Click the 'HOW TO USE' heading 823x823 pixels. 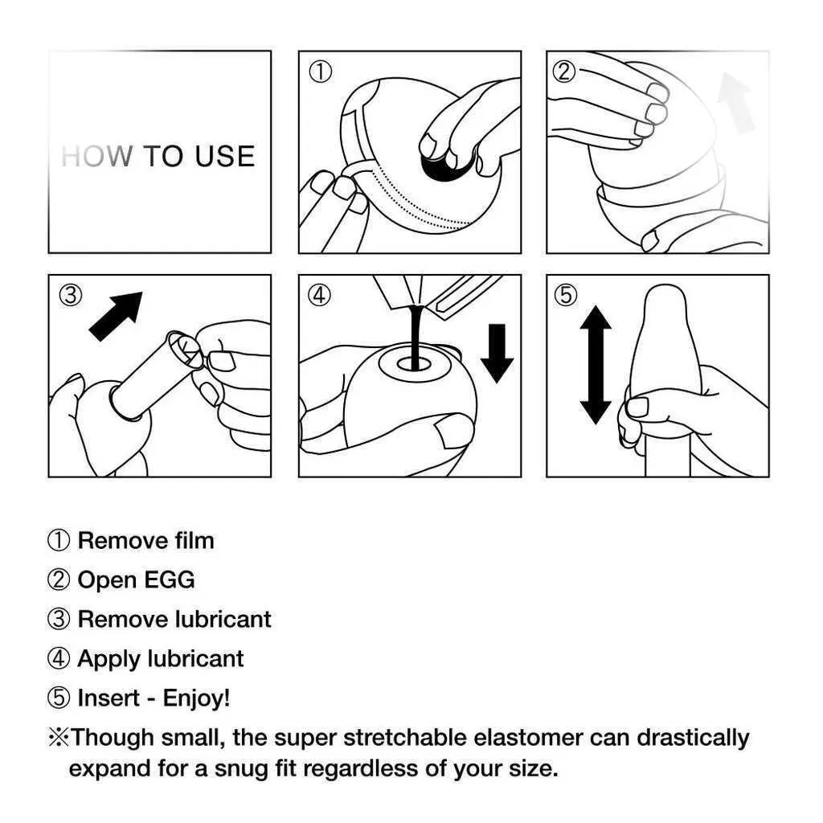tap(158, 156)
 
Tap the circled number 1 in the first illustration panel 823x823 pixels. tap(320, 72)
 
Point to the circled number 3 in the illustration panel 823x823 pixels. tap(71, 295)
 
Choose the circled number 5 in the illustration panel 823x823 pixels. tap(565, 295)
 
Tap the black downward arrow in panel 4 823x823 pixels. tap(497, 354)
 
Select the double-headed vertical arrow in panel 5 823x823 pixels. tap(596, 366)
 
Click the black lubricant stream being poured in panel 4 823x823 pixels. tap(416, 336)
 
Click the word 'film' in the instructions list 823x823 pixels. tap(194, 541)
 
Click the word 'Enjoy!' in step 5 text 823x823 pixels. tap(196, 698)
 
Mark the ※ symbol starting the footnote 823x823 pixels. tap(58, 738)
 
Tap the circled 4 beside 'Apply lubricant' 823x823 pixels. tap(58, 659)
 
